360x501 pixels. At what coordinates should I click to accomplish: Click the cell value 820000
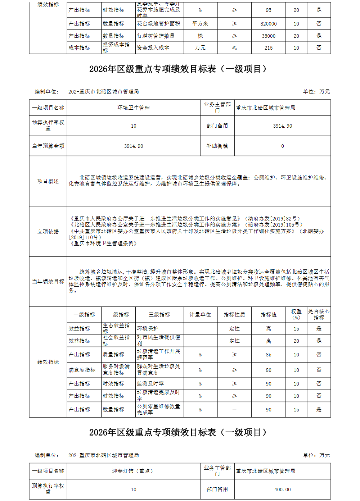[269, 24]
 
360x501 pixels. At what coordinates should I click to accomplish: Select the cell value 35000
[269, 36]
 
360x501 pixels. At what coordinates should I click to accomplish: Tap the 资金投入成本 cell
[153, 48]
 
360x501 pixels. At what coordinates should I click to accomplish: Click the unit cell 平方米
[200, 24]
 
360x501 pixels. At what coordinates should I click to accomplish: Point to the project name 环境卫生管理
[134, 108]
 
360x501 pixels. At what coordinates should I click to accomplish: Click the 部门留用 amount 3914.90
[283, 126]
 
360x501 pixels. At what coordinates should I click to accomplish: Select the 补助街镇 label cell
[217, 146]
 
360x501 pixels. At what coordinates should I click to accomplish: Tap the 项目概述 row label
[48, 181]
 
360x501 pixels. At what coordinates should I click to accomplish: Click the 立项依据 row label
[48, 232]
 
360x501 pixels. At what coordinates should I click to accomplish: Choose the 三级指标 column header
[159, 315]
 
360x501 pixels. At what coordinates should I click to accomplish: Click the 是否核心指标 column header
[319, 315]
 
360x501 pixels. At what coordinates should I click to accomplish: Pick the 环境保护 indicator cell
[148, 329]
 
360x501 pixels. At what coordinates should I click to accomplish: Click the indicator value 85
[269, 355]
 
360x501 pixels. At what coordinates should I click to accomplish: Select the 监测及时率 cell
[150, 384]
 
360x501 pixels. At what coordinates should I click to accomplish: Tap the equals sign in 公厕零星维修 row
[234, 410]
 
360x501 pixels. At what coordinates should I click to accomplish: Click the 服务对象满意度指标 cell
[116, 370]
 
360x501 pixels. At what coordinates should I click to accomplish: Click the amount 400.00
[283, 489]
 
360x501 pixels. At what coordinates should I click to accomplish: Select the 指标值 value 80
[269, 370]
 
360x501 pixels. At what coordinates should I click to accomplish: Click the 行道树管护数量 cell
[156, 36]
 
